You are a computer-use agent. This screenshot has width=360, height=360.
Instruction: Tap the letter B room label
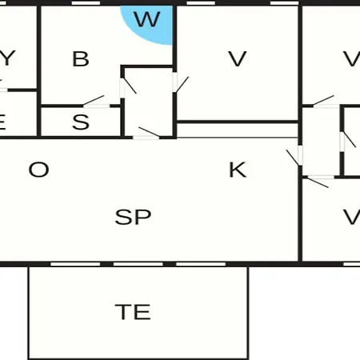[81, 59]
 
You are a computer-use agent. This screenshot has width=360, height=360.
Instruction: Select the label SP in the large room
[133, 217]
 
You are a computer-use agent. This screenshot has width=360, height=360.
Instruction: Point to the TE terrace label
[133, 312]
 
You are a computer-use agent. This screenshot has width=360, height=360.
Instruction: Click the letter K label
[238, 170]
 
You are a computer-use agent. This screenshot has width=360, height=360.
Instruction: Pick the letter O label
[39, 170]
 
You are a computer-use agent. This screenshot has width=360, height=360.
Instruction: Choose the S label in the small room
[81, 122]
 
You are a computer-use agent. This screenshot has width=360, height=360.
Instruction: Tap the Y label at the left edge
[6, 58]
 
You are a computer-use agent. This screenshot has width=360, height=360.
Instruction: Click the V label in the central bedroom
[238, 59]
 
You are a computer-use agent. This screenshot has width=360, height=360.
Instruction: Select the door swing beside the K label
[295, 157]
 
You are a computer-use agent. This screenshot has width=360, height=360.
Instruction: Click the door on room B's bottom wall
[94, 102]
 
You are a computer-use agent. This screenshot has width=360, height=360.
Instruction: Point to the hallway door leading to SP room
[146, 133]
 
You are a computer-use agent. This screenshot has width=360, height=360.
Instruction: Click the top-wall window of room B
[86, 3]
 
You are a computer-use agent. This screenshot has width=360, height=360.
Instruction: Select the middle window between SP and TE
[138, 264]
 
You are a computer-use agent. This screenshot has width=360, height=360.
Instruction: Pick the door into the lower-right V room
[319, 182]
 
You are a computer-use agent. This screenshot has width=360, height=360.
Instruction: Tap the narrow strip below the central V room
[238, 130]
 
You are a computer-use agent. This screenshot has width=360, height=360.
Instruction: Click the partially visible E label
[2, 122]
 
